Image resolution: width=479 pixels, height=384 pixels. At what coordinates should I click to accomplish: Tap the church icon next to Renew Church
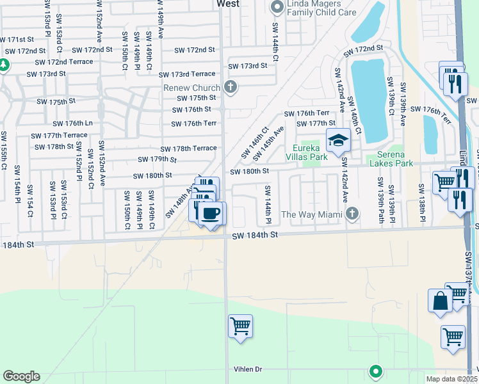click(x=231, y=87)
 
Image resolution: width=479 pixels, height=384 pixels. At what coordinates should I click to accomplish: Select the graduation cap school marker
click(x=338, y=140)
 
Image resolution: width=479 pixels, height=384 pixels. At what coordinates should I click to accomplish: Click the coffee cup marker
click(x=211, y=213)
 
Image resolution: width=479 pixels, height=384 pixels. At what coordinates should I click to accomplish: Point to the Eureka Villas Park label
click(x=311, y=152)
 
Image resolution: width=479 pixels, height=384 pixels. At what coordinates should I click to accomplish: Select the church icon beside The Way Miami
click(x=351, y=213)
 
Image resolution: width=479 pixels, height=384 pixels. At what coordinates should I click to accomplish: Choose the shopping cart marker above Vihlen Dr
click(x=240, y=327)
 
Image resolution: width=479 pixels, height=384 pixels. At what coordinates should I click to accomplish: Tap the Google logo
click(x=21, y=376)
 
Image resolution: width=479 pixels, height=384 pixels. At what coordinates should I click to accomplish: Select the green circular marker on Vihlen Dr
click(x=376, y=371)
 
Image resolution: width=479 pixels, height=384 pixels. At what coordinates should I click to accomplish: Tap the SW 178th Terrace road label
click(x=188, y=148)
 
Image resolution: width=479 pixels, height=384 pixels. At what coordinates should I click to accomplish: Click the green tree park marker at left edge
click(x=3, y=65)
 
